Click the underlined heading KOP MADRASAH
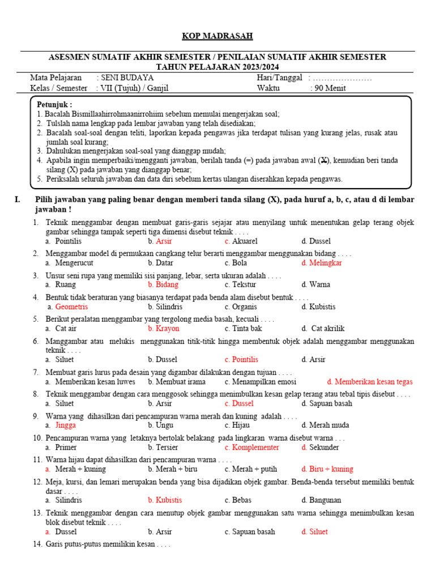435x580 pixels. tap(217, 36)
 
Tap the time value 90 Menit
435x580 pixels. tap(329, 88)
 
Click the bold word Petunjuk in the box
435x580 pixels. tap(54, 105)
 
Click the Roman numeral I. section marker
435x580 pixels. tap(18, 199)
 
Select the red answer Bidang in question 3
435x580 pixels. tap(167, 284)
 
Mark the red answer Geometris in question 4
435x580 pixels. tap(71, 306)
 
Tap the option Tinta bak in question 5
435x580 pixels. tap(247, 328)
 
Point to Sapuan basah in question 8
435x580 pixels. tap(330, 403)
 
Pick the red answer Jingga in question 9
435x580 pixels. tap(66, 425)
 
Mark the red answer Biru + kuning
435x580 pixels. tap(331, 469)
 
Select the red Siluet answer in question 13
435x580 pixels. tap(318, 531)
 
